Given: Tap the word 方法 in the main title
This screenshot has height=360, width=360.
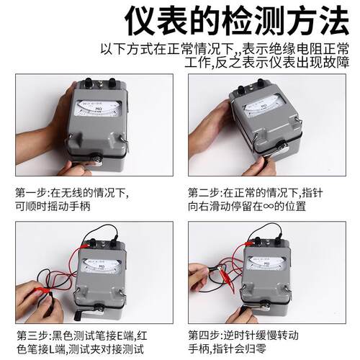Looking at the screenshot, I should pos(315,22).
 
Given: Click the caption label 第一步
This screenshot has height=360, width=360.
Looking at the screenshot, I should pos(30,193).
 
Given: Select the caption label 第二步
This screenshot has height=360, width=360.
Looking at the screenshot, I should pos(204,193).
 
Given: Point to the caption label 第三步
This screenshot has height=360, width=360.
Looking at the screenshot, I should pos(30,336).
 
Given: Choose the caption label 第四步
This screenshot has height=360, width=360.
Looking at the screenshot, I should pos(204,336).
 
